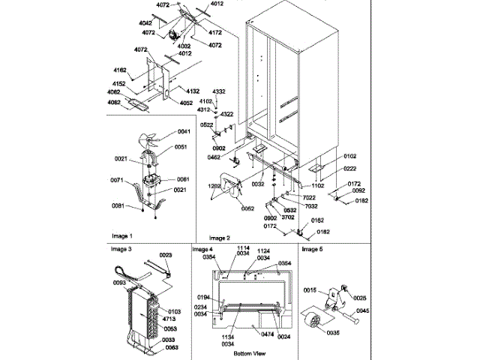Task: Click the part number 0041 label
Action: (184, 132)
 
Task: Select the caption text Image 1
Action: (121, 235)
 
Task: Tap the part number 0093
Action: (119, 282)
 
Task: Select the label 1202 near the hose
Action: (214, 184)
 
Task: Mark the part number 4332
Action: (219, 91)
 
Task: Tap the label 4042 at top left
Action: (124, 22)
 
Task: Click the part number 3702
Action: (289, 217)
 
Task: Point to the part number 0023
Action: (166, 256)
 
